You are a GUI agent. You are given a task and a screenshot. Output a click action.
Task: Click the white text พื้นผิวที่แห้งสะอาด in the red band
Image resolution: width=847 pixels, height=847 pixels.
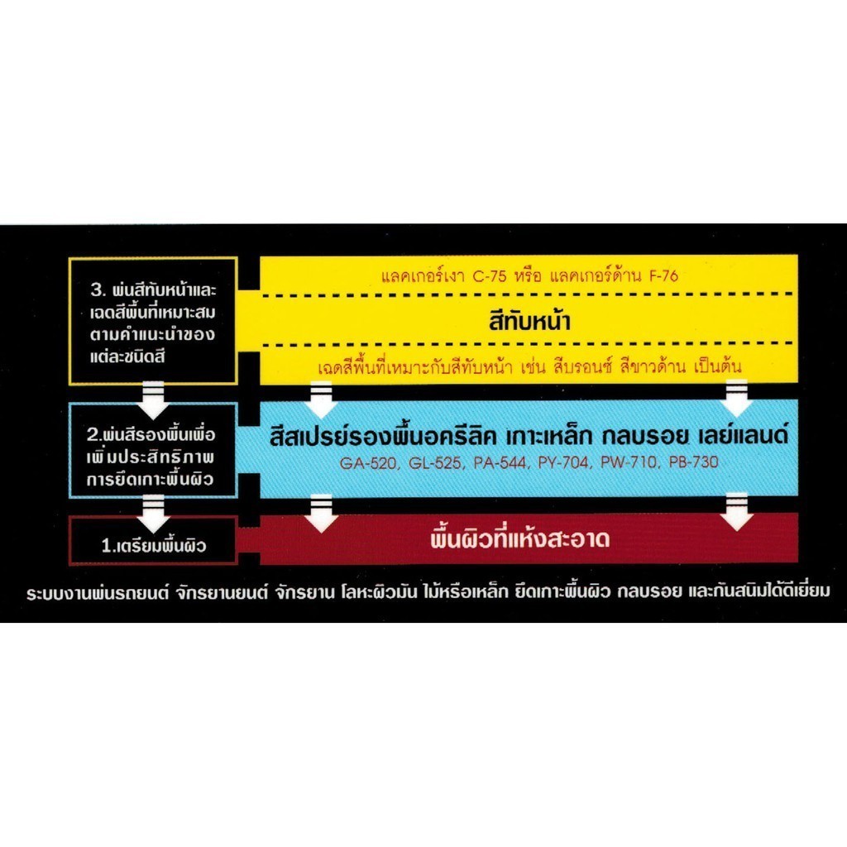pos(520,541)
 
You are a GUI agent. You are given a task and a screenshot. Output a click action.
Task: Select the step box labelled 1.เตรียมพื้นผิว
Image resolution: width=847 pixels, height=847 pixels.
pos(154,545)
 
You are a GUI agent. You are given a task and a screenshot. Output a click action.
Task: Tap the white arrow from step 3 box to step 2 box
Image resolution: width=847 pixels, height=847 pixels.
pos(154,395)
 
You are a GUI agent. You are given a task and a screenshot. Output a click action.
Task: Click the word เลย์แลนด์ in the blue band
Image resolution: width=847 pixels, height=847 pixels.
pos(742,437)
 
